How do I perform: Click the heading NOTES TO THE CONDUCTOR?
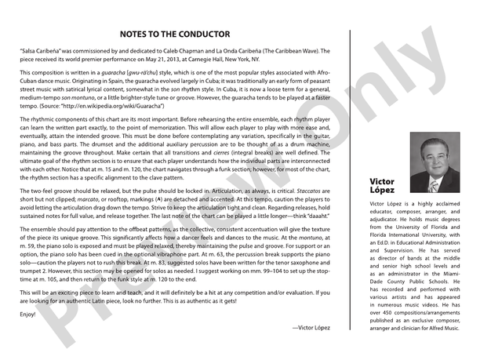point(175,35)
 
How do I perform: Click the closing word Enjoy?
point(27,314)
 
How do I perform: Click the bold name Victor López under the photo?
point(383,186)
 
